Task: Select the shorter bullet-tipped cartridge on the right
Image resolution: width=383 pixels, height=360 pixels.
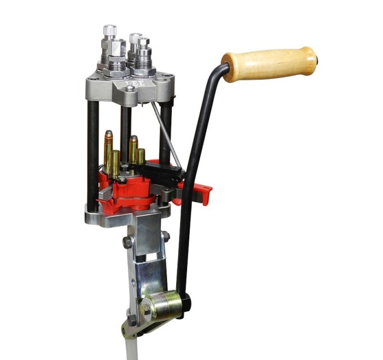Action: pos(133,149)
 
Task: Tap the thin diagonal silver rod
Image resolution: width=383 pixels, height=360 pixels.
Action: pos(166,134)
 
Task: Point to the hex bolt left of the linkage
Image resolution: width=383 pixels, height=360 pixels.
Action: pos(127,242)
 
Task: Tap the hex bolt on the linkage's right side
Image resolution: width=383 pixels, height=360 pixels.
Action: pos(165,236)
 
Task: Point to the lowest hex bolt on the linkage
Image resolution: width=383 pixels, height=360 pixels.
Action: pos(132,320)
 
